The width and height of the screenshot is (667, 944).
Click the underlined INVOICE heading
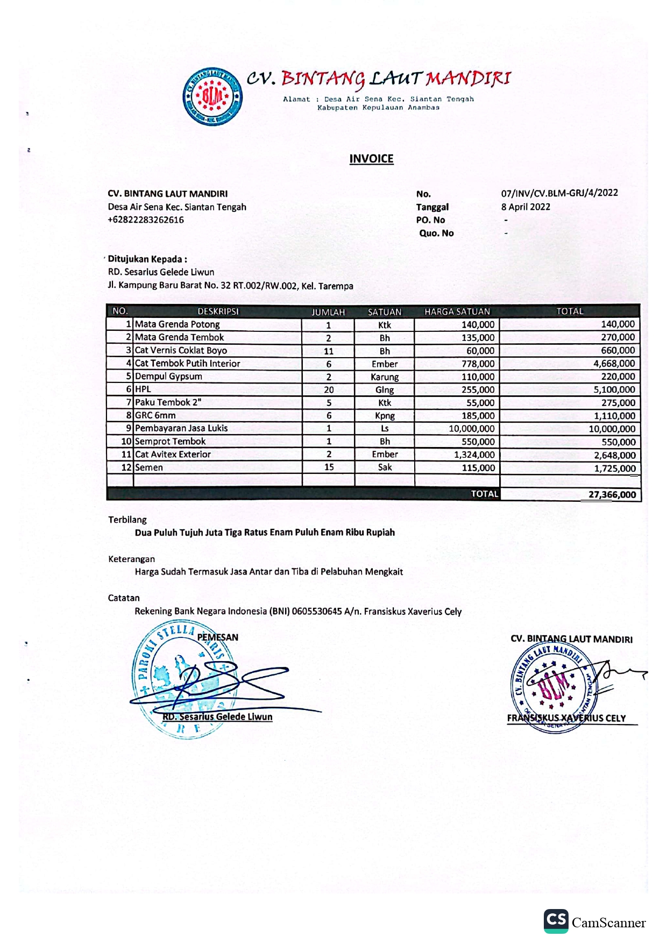(x=371, y=159)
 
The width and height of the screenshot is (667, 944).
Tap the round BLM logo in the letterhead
(x=212, y=97)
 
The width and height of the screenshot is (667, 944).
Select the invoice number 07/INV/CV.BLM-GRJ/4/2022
(x=559, y=193)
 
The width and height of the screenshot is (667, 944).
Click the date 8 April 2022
(x=526, y=207)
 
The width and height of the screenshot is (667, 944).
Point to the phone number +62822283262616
(x=146, y=220)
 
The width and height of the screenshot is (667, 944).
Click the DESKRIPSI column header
(x=218, y=311)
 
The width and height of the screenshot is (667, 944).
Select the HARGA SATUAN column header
(x=457, y=311)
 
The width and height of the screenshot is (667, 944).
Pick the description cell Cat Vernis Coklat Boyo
(x=181, y=351)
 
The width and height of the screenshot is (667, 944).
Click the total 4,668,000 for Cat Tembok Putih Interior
(x=614, y=364)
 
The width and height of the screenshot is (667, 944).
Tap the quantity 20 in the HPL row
(x=329, y=390)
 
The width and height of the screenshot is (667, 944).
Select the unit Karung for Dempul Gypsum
(x=385, y=377)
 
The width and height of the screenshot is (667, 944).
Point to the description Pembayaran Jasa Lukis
(x=181, y=429)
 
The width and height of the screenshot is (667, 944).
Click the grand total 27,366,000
(x=612, y=495)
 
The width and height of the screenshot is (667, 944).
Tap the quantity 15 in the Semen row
(x=329, y=467)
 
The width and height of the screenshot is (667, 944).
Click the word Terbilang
(x=127, y=520)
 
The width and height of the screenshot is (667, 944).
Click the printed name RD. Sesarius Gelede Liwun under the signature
(x=217, y=717)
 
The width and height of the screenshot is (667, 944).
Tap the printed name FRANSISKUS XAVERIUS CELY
(x=566, y=719)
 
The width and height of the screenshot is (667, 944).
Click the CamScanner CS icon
(x=556, y=921)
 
